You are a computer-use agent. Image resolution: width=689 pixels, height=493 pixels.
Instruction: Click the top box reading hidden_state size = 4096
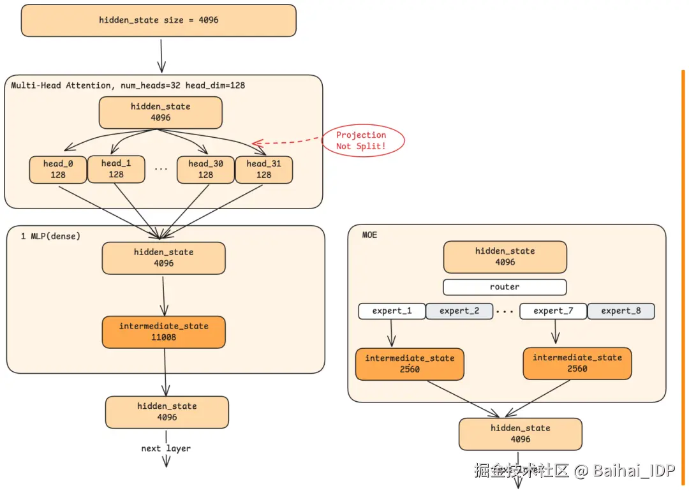(159, 20)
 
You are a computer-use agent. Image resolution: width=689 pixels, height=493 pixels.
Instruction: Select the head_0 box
(58, 170)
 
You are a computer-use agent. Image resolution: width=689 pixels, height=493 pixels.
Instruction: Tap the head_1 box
(116, 169)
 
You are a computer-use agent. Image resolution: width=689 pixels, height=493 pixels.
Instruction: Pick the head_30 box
(205, 170)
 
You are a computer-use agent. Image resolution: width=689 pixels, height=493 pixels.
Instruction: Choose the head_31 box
(263, 170)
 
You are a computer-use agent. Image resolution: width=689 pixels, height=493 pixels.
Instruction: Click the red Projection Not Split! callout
(361, 141)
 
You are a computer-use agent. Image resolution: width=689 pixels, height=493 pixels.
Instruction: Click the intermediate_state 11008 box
(163, 332)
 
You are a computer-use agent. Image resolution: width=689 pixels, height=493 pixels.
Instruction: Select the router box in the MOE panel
(505, 287)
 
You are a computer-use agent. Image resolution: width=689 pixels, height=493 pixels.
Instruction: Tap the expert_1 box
(392, 311)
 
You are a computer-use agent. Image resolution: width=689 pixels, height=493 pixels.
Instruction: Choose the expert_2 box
(459, 311)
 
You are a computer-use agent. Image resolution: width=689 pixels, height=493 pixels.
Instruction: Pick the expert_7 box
(553, 311)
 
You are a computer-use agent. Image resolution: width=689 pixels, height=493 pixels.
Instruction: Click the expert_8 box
(621, 311)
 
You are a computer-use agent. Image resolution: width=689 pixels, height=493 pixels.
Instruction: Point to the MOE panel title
(369, 235)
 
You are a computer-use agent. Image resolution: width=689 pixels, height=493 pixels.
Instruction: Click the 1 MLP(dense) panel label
(51, 237)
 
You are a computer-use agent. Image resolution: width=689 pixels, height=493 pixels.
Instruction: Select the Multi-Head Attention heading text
(128, 85)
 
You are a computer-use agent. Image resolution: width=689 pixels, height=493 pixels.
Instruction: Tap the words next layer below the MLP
(166, 449)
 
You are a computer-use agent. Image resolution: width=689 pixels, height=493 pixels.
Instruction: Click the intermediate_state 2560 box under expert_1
(410, 364)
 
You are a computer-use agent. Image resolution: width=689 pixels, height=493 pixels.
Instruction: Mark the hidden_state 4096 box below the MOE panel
(520, 434)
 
